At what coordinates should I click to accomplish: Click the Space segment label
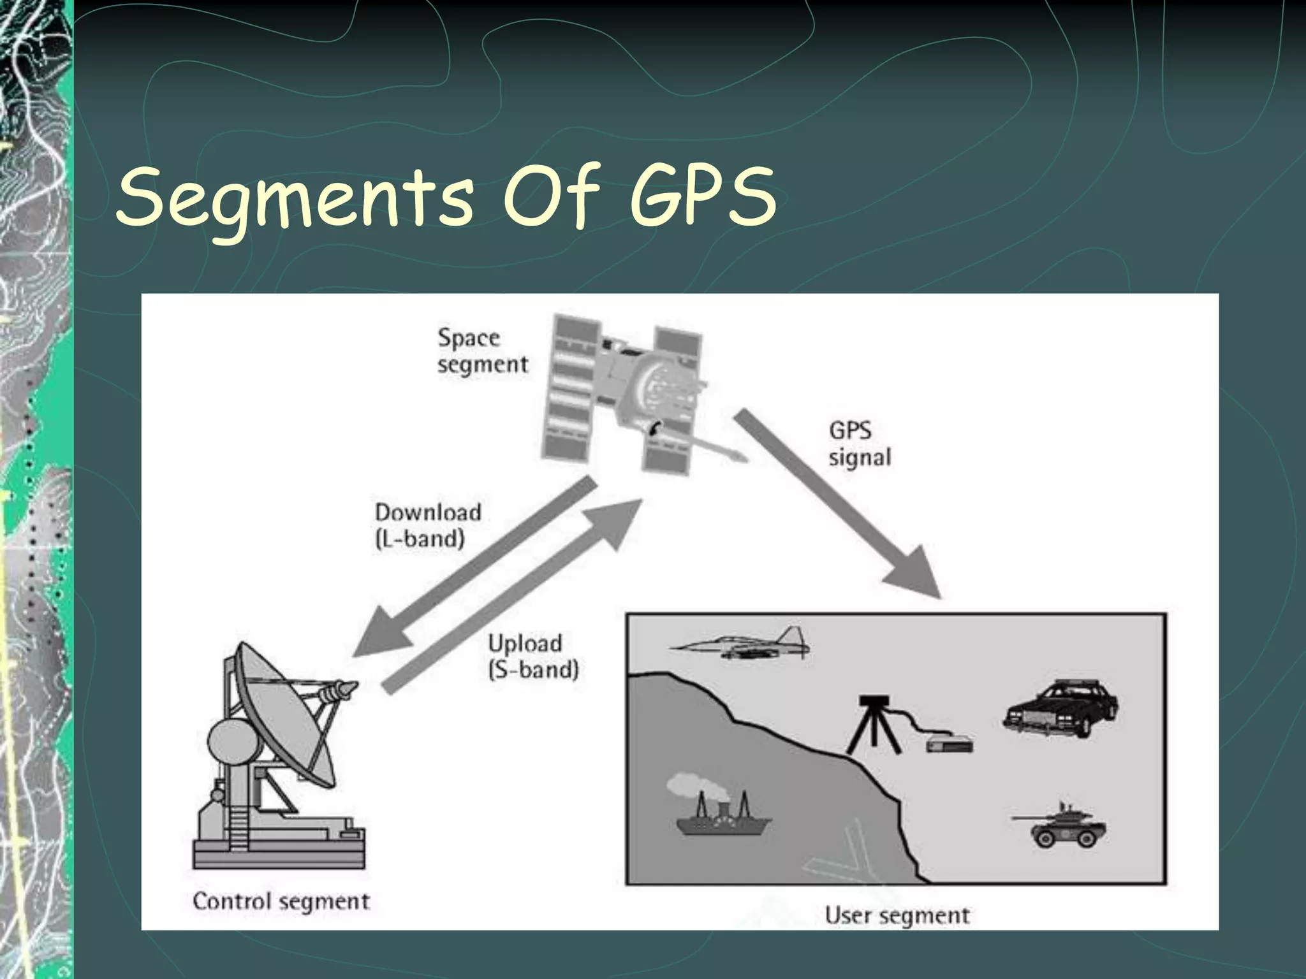click(482, 351)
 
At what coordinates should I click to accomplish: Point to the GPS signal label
click(859, 444)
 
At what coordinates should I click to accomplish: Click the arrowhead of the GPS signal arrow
click(916, 573)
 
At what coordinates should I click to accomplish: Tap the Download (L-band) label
click(427, 526)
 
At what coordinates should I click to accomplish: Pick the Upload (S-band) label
click(533, 656)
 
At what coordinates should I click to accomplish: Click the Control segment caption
click(281, 901)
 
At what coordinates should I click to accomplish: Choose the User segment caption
click(897, 915)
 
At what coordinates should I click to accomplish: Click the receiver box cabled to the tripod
click(950, 743)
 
